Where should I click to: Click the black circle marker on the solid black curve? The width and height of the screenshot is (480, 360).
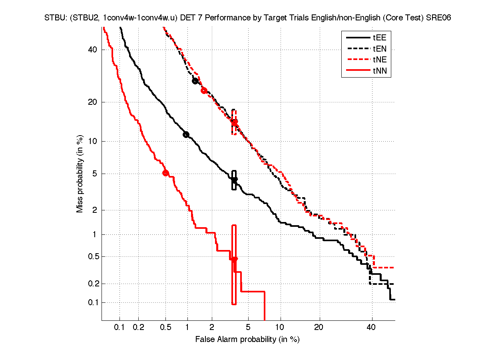coord(186,134)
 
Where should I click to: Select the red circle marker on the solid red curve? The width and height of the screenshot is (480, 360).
coord(165,173)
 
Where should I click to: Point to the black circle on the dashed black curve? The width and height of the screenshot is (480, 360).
coord(195,81)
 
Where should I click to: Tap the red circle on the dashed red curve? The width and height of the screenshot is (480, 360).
coord(204,90)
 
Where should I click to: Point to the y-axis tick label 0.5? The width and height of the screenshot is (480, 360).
coord(92,257)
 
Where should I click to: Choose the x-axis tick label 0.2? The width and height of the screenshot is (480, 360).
coord(138,328)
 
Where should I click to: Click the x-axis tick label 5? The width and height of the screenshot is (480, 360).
coord(248,328)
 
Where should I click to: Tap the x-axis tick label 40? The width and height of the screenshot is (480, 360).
coord(372,328)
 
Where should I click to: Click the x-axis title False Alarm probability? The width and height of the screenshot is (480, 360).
coord(247,339)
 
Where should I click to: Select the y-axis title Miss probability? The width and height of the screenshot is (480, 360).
coord(80,174)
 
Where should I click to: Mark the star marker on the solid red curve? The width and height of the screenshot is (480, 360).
coord(234,259)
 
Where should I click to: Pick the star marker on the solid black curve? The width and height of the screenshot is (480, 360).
coord(234,180)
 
